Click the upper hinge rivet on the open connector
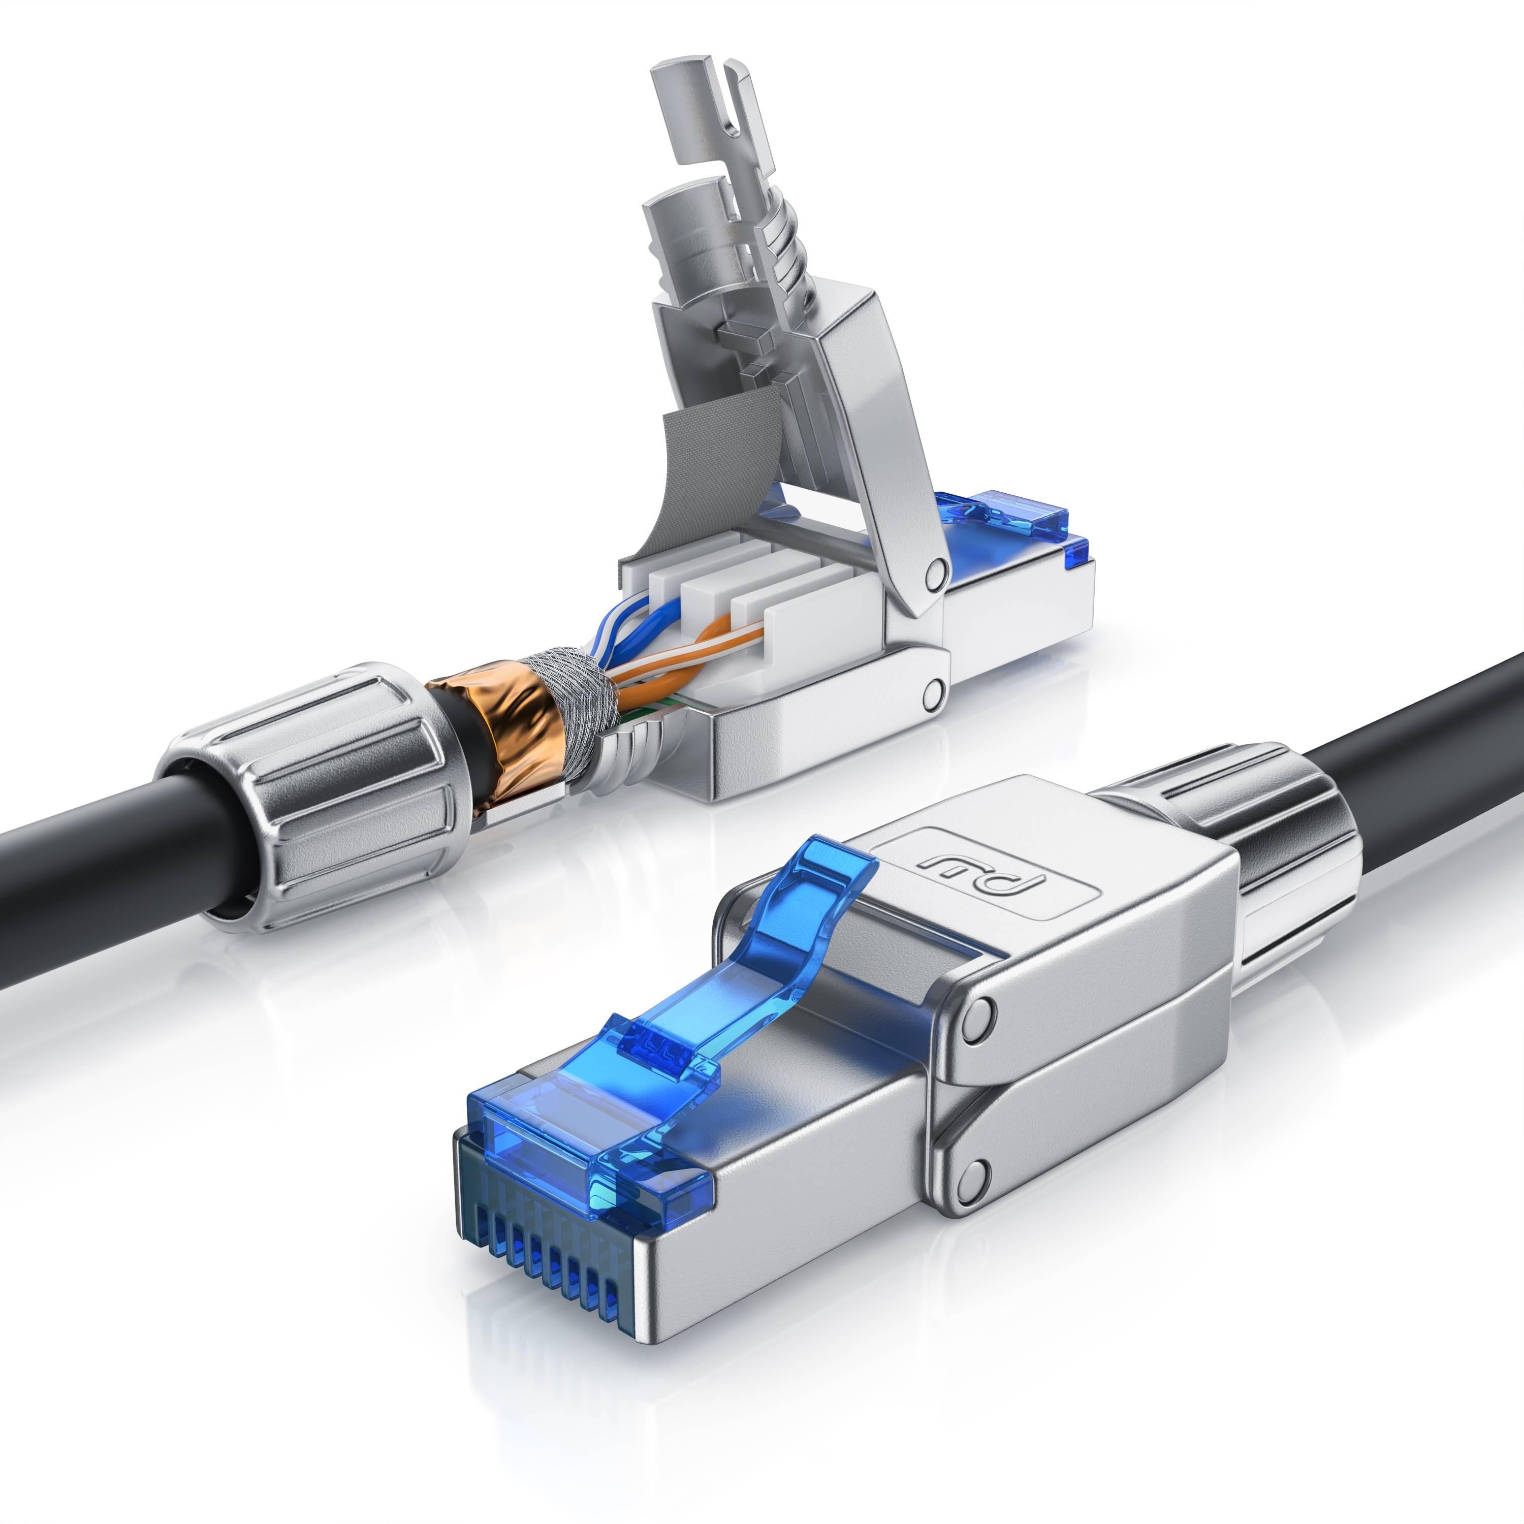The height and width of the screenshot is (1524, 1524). pos(936,569)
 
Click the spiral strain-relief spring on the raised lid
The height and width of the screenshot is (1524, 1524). pos(789,260)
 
